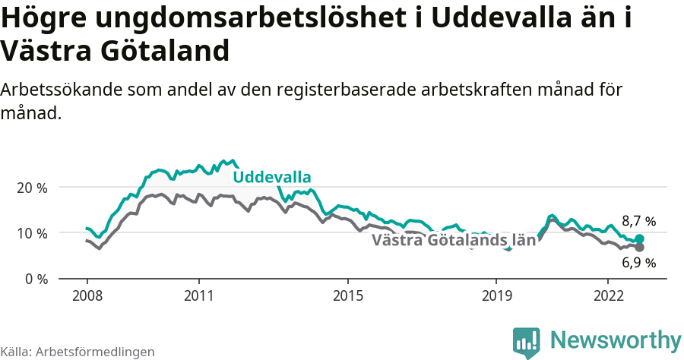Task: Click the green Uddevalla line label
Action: coord(271,178)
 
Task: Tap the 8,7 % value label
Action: coord(638,222)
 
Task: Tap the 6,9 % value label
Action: coord(638,263)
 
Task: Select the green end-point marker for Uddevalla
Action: coord(639,238)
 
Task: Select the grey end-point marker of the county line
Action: coord(639,248)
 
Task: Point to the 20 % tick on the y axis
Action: coord(32,188)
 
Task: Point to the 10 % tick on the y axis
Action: coord(32,233)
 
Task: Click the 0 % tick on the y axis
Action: coord(36,279)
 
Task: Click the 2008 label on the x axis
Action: coord(87,295)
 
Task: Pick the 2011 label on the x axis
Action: coord(198,295)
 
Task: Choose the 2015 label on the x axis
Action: coord(347,295)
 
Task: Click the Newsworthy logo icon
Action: coord(526,343)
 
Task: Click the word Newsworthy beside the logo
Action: coord(616,340)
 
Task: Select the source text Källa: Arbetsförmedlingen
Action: coord(78,352)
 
